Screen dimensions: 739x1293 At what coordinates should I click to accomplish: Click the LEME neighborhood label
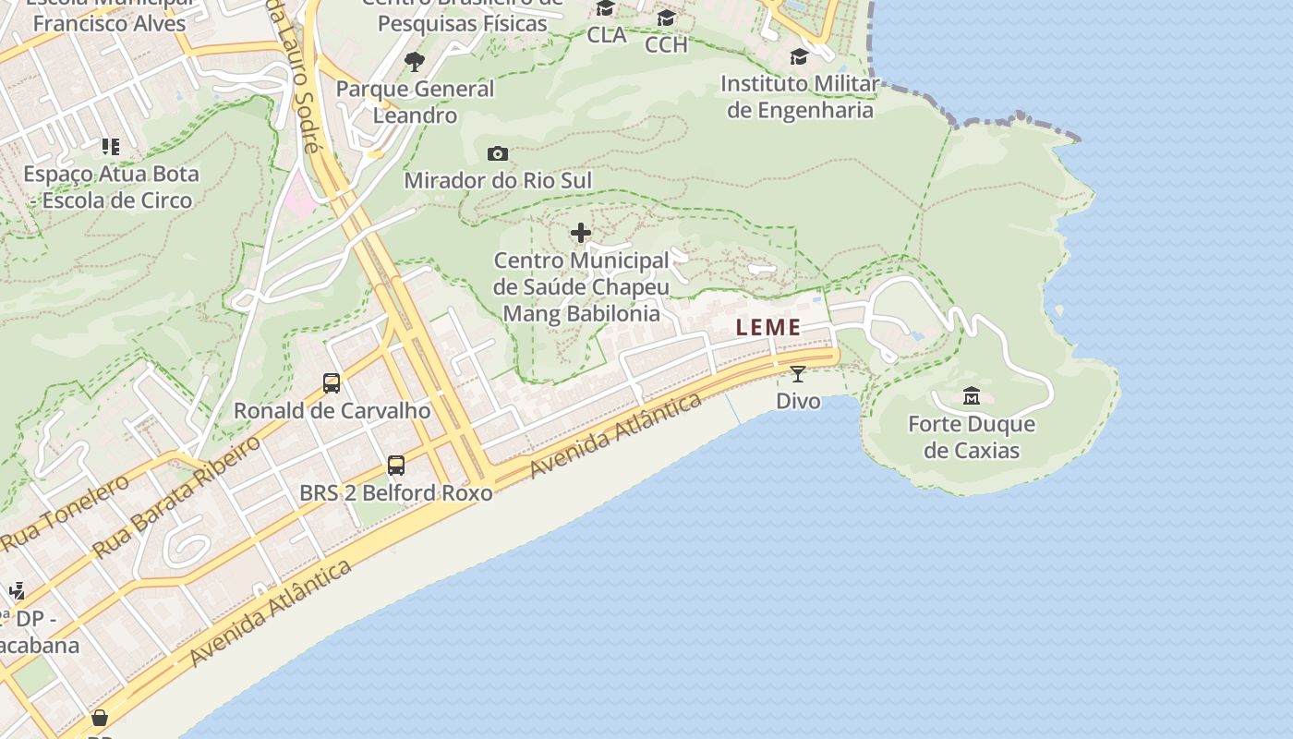(x=768, y=327)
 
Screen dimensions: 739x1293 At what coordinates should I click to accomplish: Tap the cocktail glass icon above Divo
(x=798, y=374)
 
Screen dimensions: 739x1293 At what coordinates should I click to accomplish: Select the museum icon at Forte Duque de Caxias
(x=972, y=396)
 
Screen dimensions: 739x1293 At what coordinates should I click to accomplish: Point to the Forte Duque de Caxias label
(x=972, y=438)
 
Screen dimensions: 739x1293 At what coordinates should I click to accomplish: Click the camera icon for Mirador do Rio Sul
(x=497, y=153)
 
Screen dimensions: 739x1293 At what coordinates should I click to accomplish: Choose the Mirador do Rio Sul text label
(x=498, y=180)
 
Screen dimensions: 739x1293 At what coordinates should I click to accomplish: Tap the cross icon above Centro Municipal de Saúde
(x=581, y=233)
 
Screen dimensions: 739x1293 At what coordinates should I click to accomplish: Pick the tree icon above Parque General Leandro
(x=415, y=62)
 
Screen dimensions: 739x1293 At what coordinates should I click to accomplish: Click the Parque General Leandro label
(x=416, y=102)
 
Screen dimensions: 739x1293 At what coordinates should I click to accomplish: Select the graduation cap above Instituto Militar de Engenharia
(x=799, y=57)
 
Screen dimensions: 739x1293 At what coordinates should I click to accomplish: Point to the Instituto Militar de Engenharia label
(x=800, y=97)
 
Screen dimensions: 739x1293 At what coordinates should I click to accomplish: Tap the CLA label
(x=607, y=35)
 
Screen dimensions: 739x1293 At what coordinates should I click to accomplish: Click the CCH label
(x=666, y=44)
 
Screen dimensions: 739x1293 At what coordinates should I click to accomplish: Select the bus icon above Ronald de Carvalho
(x=332, y=382)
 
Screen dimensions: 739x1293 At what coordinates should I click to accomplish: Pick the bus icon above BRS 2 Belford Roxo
(x=396, y=466)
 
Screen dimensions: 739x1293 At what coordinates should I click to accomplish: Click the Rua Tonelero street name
(x=65, y=514)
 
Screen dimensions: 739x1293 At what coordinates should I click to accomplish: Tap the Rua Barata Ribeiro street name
(x=177, y=497)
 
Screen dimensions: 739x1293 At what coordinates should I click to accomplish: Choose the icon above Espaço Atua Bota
(x=111, y=146)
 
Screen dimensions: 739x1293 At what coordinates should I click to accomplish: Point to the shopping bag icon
(x=100, y=717)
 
